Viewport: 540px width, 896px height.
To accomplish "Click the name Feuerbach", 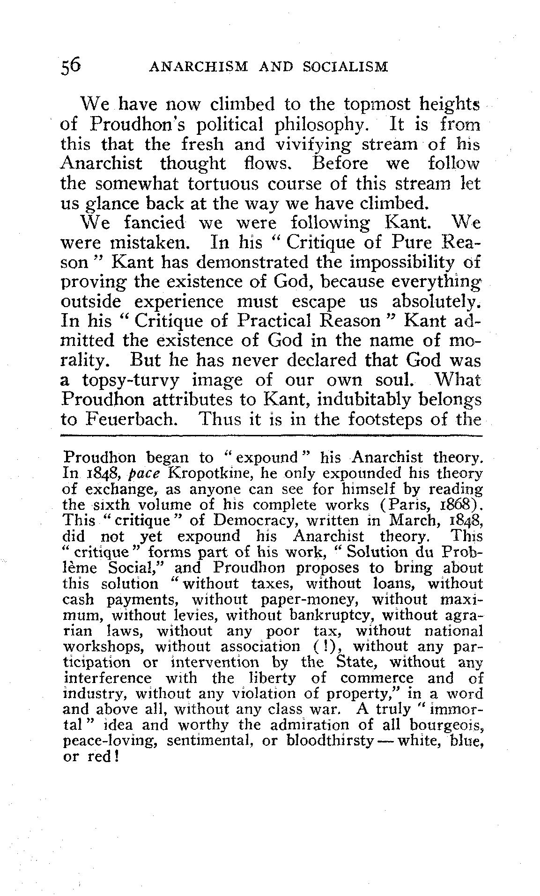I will tap(130, 418).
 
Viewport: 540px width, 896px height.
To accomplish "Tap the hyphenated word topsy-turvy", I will tap(131, 380).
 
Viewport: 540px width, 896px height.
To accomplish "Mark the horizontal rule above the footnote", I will tap(272, 436).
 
